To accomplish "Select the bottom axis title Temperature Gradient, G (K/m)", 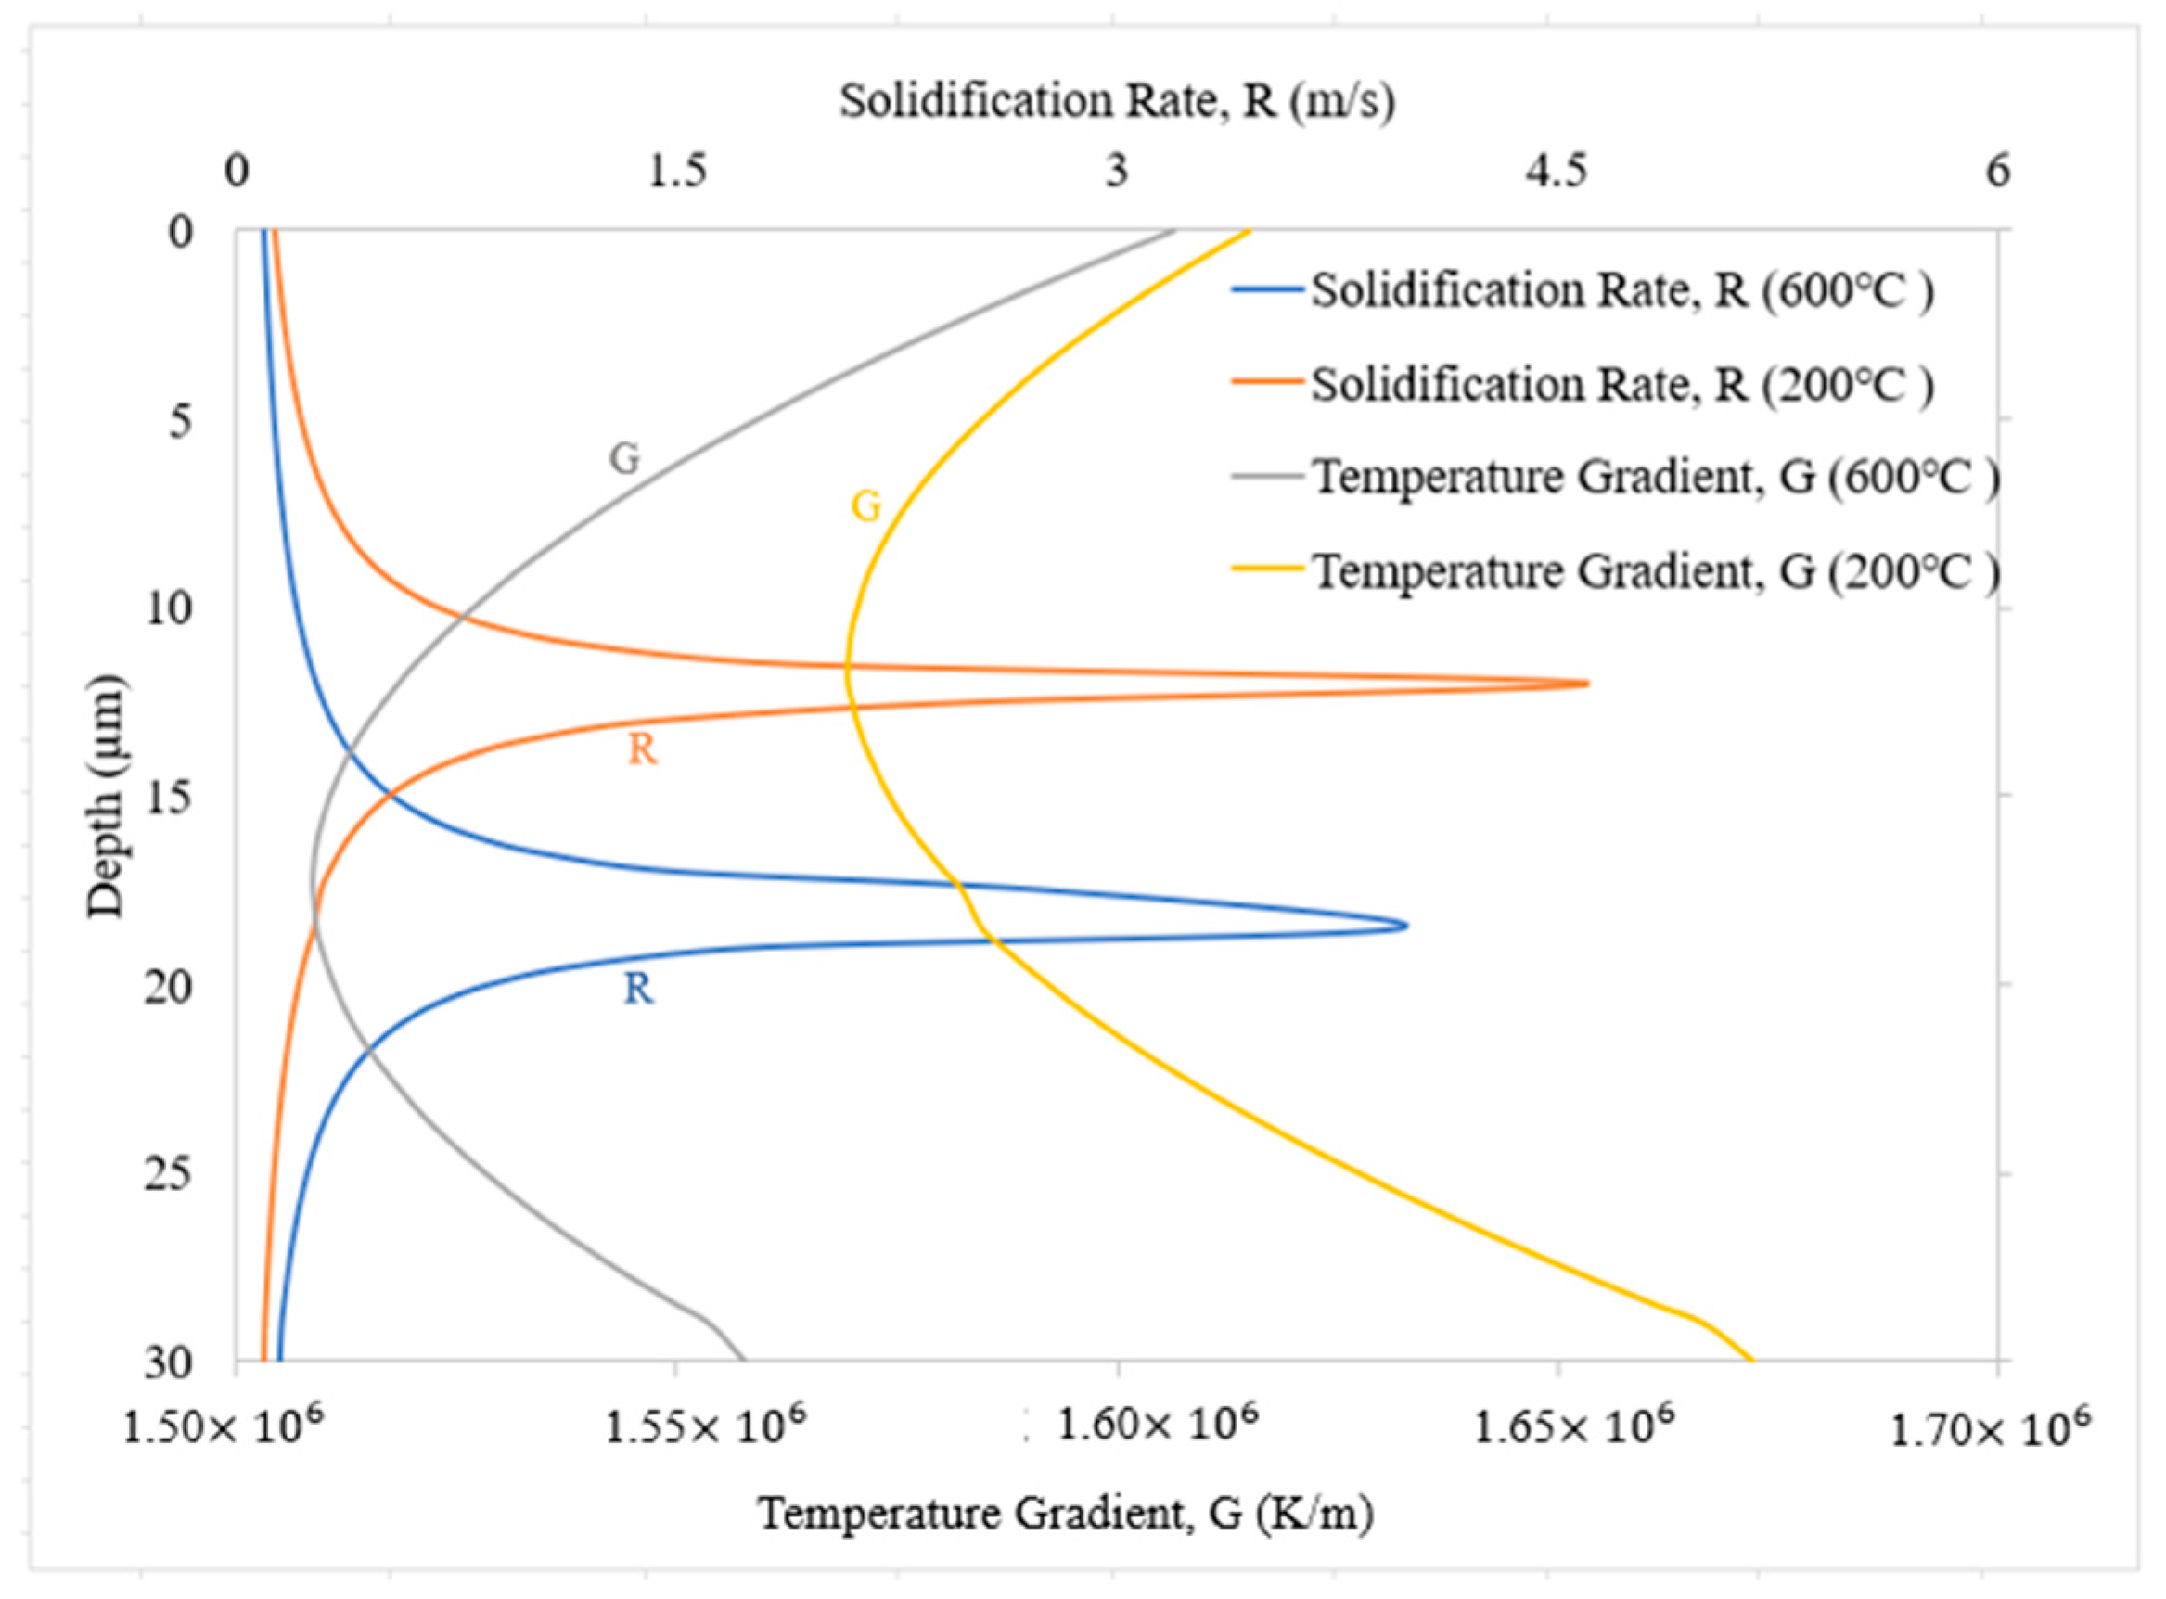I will [x=1065, y=1512].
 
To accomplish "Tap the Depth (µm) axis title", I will [x=106, y=796].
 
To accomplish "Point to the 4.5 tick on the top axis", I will [x=1557, y=172].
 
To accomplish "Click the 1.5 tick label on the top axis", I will [x=676, y=172].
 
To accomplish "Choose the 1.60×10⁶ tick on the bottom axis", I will [x=1158, y=1424].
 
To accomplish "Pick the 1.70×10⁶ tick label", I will [x=1990, y=1426].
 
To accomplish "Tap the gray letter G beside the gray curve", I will [x=624, y=458].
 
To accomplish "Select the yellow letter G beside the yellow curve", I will [x=866, y=506].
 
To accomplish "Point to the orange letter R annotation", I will [x=642, y=749].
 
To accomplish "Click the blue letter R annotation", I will [x=638, y=990].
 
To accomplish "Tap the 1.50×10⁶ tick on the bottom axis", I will [x=224, y=1426].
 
